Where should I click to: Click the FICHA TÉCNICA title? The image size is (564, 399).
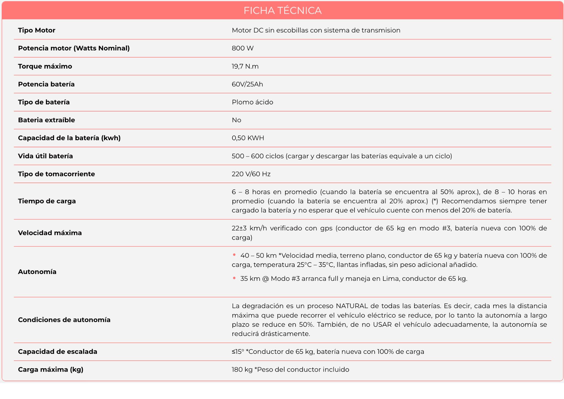[282, 11]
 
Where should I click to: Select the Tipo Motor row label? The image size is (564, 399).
[37, 30]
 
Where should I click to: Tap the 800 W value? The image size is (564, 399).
[243, 48]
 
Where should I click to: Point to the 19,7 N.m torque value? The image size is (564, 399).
[245, 66]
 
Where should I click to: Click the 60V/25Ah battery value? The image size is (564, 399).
[247, 84]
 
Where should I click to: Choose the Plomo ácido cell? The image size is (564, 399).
[252, 102]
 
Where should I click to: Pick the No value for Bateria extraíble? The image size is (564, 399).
[236, 120]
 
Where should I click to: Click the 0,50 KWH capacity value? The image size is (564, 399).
[248, 138]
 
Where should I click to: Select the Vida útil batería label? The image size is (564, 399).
[45, 156]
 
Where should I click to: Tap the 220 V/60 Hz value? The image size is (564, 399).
[251, 174]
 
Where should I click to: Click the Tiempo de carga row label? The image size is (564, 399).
[47, 201]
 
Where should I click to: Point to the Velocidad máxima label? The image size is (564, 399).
[50, 233]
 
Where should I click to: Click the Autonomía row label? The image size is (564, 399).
[37, 272]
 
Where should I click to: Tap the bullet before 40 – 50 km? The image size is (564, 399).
[234, 255]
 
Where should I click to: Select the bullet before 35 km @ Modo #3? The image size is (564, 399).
[234, 278]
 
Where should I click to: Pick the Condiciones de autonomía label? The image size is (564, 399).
[64, 320]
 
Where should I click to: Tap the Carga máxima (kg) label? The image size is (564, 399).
[51, 370]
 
